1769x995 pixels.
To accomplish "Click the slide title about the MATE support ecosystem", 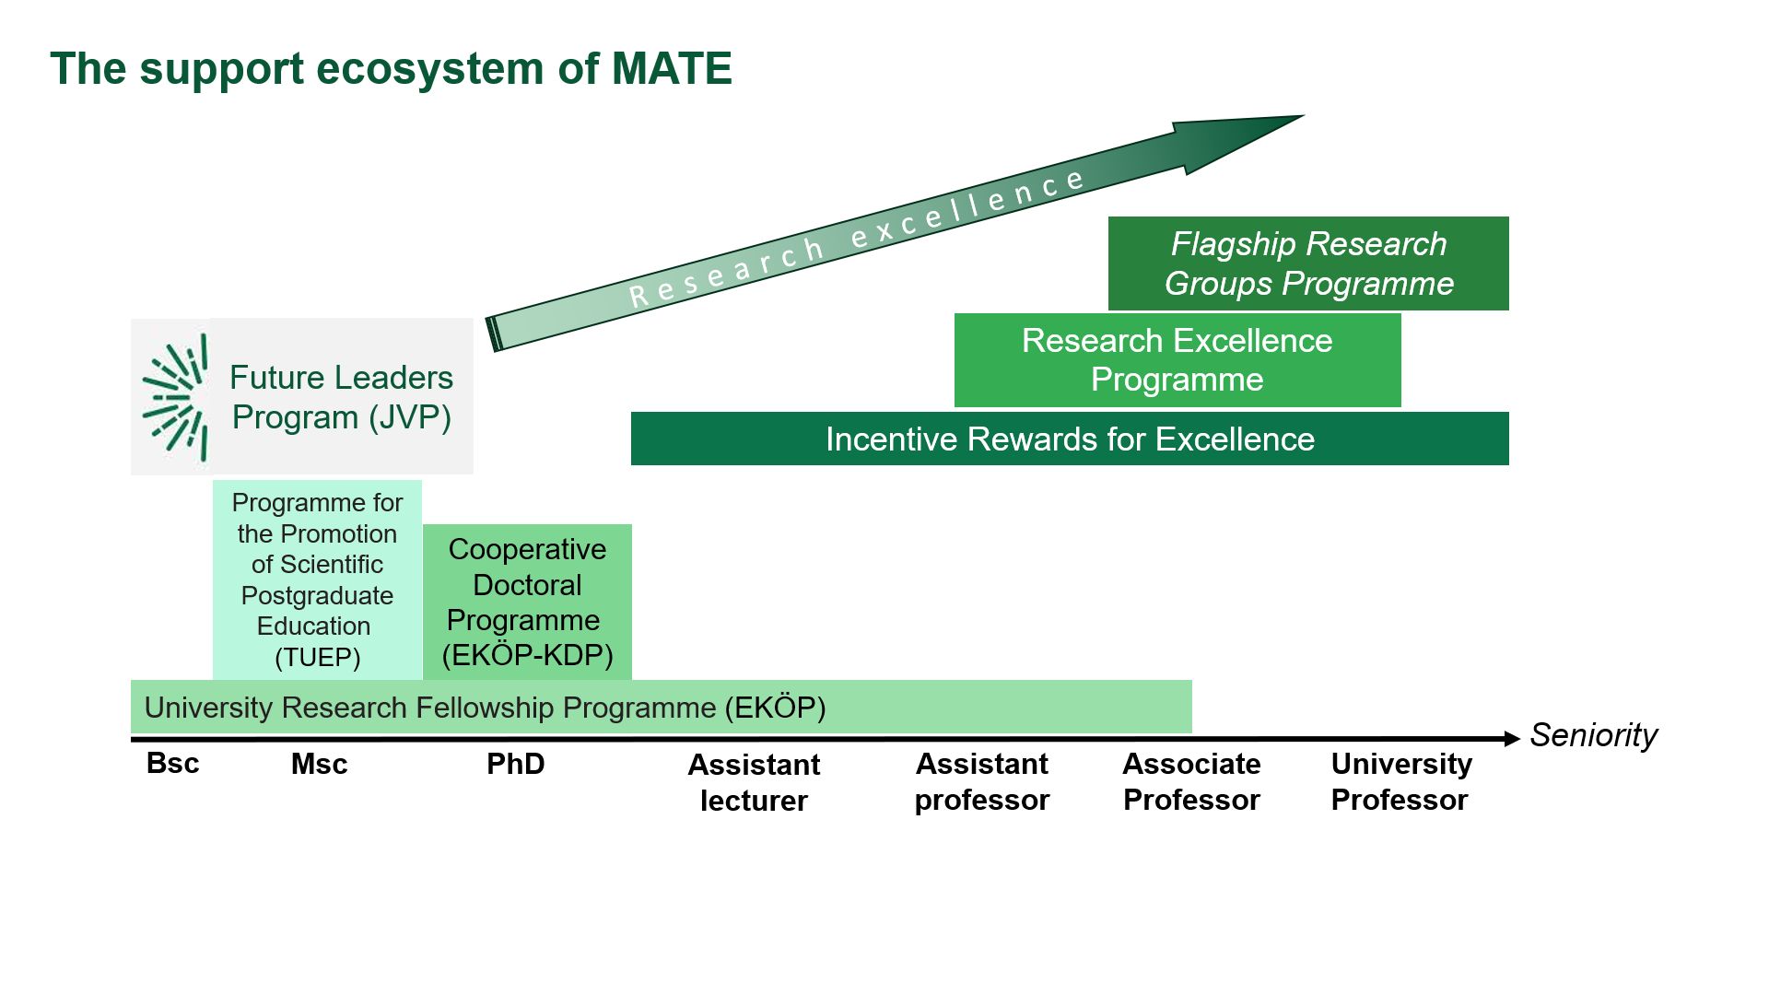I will (x=391, y=69).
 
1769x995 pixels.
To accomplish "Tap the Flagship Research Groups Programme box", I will (x=1308, y=263).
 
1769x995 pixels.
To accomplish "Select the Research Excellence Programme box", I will (x=1177, y=360).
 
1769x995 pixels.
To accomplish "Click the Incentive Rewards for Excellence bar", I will (x=1069, y=439).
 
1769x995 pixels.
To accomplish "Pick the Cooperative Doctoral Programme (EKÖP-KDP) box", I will (x=527, y=602).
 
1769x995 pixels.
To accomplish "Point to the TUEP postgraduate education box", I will (x=317, y=579).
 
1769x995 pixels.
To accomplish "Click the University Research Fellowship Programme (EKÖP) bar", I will (x=661, y=708).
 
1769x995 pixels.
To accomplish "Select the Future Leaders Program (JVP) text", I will (x=341, y=397).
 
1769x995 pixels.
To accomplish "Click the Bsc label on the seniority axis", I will (x=172, y=764).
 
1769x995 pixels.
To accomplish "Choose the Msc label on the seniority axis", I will (x=319, y=764).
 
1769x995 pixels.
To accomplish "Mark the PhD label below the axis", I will (x=515, y=764).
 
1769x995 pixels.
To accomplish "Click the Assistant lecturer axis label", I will (x=754, y=782).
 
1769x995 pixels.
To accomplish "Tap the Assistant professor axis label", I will (x=981, y=781).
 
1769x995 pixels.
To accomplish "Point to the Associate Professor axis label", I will (x=1191, y=781).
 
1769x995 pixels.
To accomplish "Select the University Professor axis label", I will (x=1400, y=781).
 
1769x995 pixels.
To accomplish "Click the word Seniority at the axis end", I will (x=1593, y=735).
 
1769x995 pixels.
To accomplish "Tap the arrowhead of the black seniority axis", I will (x=1511, y=739).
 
